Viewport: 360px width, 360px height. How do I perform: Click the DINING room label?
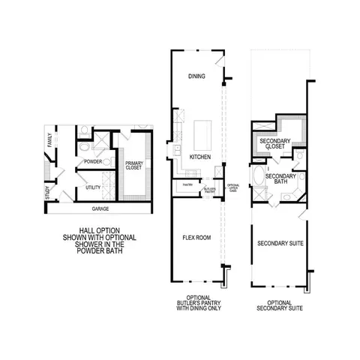tap(196, 76)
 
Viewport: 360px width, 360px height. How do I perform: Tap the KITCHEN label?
tap(199, 157)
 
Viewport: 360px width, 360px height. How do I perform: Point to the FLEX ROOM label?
tap(196, 238)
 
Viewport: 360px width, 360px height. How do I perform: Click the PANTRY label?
tap(187, 184)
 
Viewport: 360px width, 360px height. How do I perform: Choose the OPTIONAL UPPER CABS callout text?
tap(233, 187)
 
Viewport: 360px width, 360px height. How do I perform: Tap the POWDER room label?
tap(93, 161)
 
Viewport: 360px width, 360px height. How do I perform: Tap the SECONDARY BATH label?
tap(280, 178)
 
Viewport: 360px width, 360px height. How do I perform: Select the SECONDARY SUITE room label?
tap(280, 244)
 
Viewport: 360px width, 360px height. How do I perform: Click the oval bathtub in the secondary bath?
tap(259, 178)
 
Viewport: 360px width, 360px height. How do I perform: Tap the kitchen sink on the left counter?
tap(177, 150)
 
